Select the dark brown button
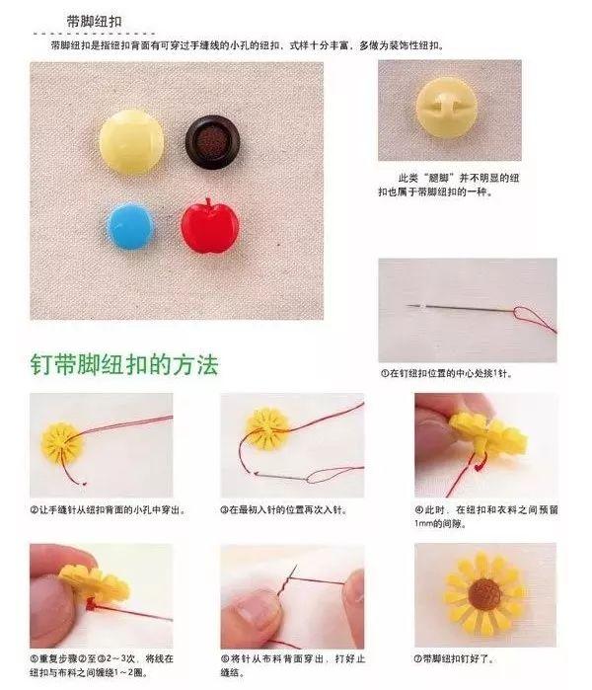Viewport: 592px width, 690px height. [212, 142]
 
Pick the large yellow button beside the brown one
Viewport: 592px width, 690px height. [132, 141]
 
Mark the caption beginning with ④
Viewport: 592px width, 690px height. [484, 517]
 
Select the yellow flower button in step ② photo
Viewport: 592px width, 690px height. [60, 440]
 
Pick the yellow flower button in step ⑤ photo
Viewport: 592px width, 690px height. [95, 584]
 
